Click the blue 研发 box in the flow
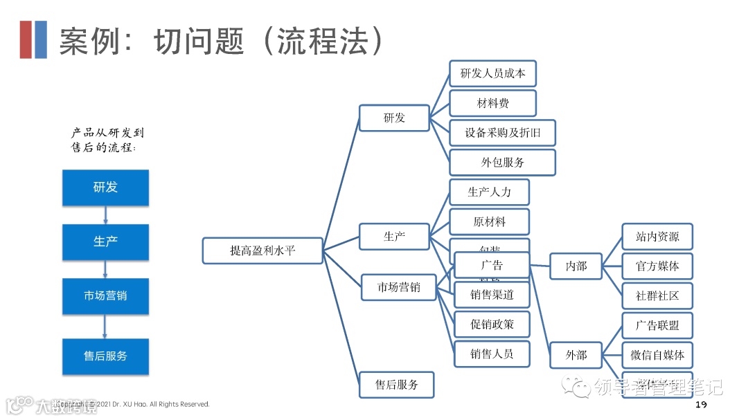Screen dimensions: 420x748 coord(105,188)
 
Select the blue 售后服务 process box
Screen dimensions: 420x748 coord(105,356)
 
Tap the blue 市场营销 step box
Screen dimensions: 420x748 coord(105,296)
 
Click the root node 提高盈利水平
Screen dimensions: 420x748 coord(262,250)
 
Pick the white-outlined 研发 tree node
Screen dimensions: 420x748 coord(394,118)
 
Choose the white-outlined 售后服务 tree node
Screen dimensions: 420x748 coord(397,385)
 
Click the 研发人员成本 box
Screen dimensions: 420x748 coord(492,73)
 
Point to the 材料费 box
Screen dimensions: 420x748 coord(492,103)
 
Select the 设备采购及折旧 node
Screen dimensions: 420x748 coord(502,133)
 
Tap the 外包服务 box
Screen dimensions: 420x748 coord(502,163)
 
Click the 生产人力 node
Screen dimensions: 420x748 coord(489,192)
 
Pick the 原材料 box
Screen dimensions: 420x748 coord(489,222)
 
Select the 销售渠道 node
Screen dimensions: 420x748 coord(492,295)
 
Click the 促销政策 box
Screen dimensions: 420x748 coord(492,325)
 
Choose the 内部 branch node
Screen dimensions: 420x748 coord(576,266)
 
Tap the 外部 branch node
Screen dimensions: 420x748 coord(576,355)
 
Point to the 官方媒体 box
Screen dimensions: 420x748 coord(657,266)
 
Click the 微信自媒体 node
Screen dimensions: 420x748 coord(657,355)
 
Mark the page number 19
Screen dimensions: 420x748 coord(700,405)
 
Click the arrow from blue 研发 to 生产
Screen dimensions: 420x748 coord(105,214)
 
